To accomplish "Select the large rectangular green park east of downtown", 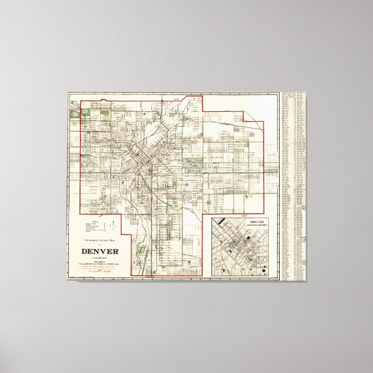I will tap(192, 147).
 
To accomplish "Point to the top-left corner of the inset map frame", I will tap(211, 215).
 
